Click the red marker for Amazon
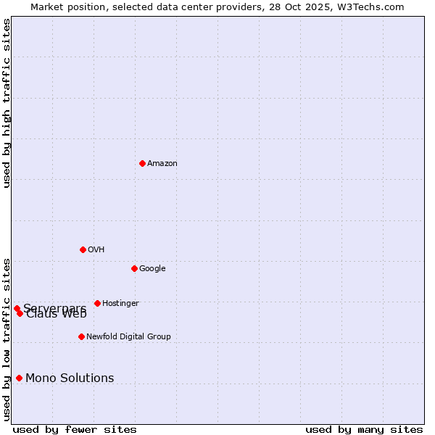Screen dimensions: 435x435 tap(142, 163)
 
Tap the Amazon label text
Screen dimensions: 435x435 tap(162, 164)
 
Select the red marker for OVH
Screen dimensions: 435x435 tap(83, 249)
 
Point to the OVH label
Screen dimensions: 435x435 tap(96, 250)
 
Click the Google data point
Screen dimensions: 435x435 tap(134, 268)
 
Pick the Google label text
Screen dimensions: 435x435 tap(152, 269)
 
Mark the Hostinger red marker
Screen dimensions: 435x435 tap(97, 303)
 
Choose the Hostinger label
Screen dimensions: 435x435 tap(120, 304)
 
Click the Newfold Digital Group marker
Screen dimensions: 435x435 tap(81, 336)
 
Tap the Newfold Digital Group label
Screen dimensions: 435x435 tap(128, 337)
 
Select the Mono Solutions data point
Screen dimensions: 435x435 tap(19, 378)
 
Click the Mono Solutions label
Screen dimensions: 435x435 tap(70, 378)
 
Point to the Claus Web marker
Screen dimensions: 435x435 tap(20, 313)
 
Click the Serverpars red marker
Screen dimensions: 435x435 tap(17, 308)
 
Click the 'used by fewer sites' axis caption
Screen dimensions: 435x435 tap(75, 429)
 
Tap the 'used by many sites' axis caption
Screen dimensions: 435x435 tap(364, 429)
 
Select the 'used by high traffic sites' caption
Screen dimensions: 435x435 tap(7, 103)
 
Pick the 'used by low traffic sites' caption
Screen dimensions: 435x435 tap(7, 339)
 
